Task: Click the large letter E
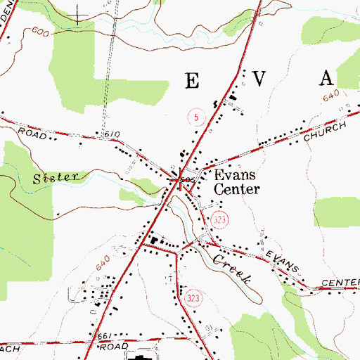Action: (192, 79)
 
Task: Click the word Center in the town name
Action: (237, 189)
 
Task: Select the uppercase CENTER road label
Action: (340, 283)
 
